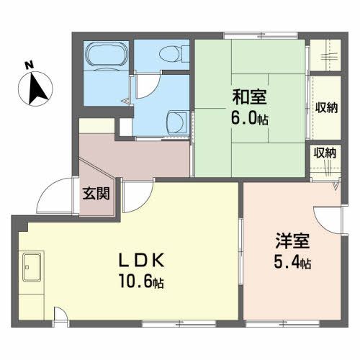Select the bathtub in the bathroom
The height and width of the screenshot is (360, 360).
(107, 56)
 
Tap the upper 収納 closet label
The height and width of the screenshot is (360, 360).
(325, 108)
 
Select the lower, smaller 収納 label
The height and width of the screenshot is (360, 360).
(323, 152)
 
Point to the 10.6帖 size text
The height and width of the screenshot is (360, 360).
(142, 282)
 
